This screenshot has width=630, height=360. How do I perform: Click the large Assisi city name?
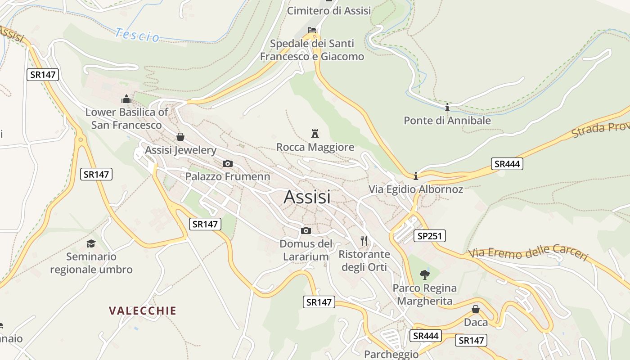[x=307, y=197]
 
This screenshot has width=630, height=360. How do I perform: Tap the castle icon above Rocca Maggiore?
[x=315, y=134]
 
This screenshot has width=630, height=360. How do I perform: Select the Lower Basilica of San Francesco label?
[x=126, y=118]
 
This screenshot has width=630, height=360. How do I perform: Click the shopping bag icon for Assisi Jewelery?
[x=180, y=137]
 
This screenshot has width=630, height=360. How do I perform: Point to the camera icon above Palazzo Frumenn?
[x=228, y=163]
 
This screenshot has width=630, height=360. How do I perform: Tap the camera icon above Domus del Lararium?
[x=306, y=231]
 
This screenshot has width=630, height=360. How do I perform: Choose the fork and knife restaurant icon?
[x=364, y=241]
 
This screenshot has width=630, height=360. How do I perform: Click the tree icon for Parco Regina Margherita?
[x=424, y=274]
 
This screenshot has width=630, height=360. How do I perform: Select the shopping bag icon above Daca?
[x=476, y=309]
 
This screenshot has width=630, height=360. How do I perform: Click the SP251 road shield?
[x=430, y=236]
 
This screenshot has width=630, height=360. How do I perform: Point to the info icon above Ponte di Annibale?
[x=447, y=108]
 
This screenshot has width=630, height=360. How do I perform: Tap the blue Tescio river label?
[x=137, y=35]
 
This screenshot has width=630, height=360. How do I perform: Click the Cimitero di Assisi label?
[x=329, y=11]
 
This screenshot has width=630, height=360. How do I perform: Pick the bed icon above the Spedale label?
[x=311, y=30]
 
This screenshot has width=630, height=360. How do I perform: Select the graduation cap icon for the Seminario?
[x=91, y=243]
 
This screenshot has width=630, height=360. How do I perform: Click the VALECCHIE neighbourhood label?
[x=143, y=310]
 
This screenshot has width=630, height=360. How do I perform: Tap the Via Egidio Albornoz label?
[x=416, y=189]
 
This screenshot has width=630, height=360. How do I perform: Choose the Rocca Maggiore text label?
[x=315, y=147]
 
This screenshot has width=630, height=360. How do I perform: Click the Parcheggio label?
[x=391, y=354]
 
